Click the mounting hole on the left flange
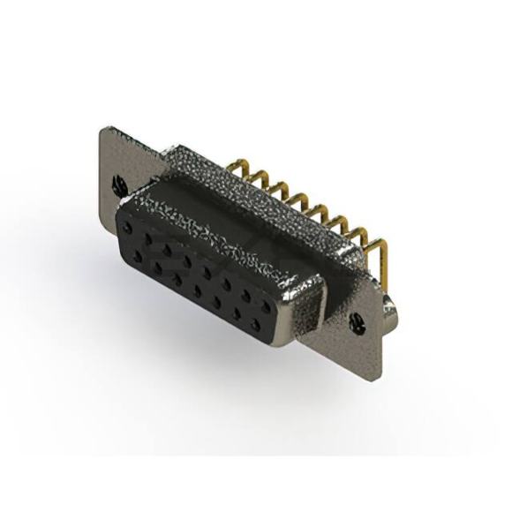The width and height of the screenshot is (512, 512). [x=118, y=184]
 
